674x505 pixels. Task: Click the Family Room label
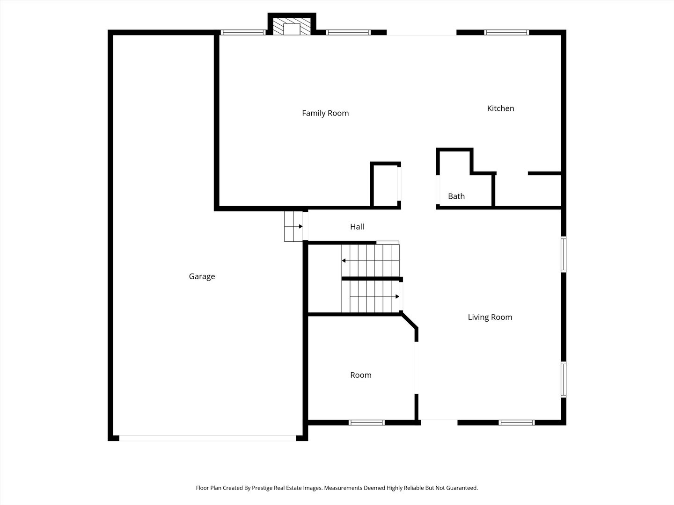tap(325, 113)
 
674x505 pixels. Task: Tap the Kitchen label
tap(500, 108)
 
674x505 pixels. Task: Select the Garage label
tap(202, 276)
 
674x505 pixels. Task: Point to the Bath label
tap(456, 196)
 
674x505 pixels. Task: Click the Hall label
tap(357, 227)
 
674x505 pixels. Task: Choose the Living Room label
tap(490, 317)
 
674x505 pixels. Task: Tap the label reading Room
tap(361, 375)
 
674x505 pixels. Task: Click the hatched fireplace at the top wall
tap(292, 27)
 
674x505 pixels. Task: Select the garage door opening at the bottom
tap(207, 438)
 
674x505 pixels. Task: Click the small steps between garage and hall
tap(293, 226)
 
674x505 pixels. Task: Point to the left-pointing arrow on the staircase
tap(344, 260)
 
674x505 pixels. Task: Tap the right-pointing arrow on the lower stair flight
tap(397, 296)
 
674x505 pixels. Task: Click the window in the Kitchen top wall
tap(506, 33)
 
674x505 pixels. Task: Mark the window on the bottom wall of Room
tap(366, 423)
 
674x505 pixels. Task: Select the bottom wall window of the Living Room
tap(516, 423)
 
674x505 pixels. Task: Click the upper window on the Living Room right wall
tap(564, 254)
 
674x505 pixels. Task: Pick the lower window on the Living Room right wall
tap(564, 380)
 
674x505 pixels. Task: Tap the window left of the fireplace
tap(243, 33)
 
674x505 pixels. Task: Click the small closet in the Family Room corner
tap(385, 186)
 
